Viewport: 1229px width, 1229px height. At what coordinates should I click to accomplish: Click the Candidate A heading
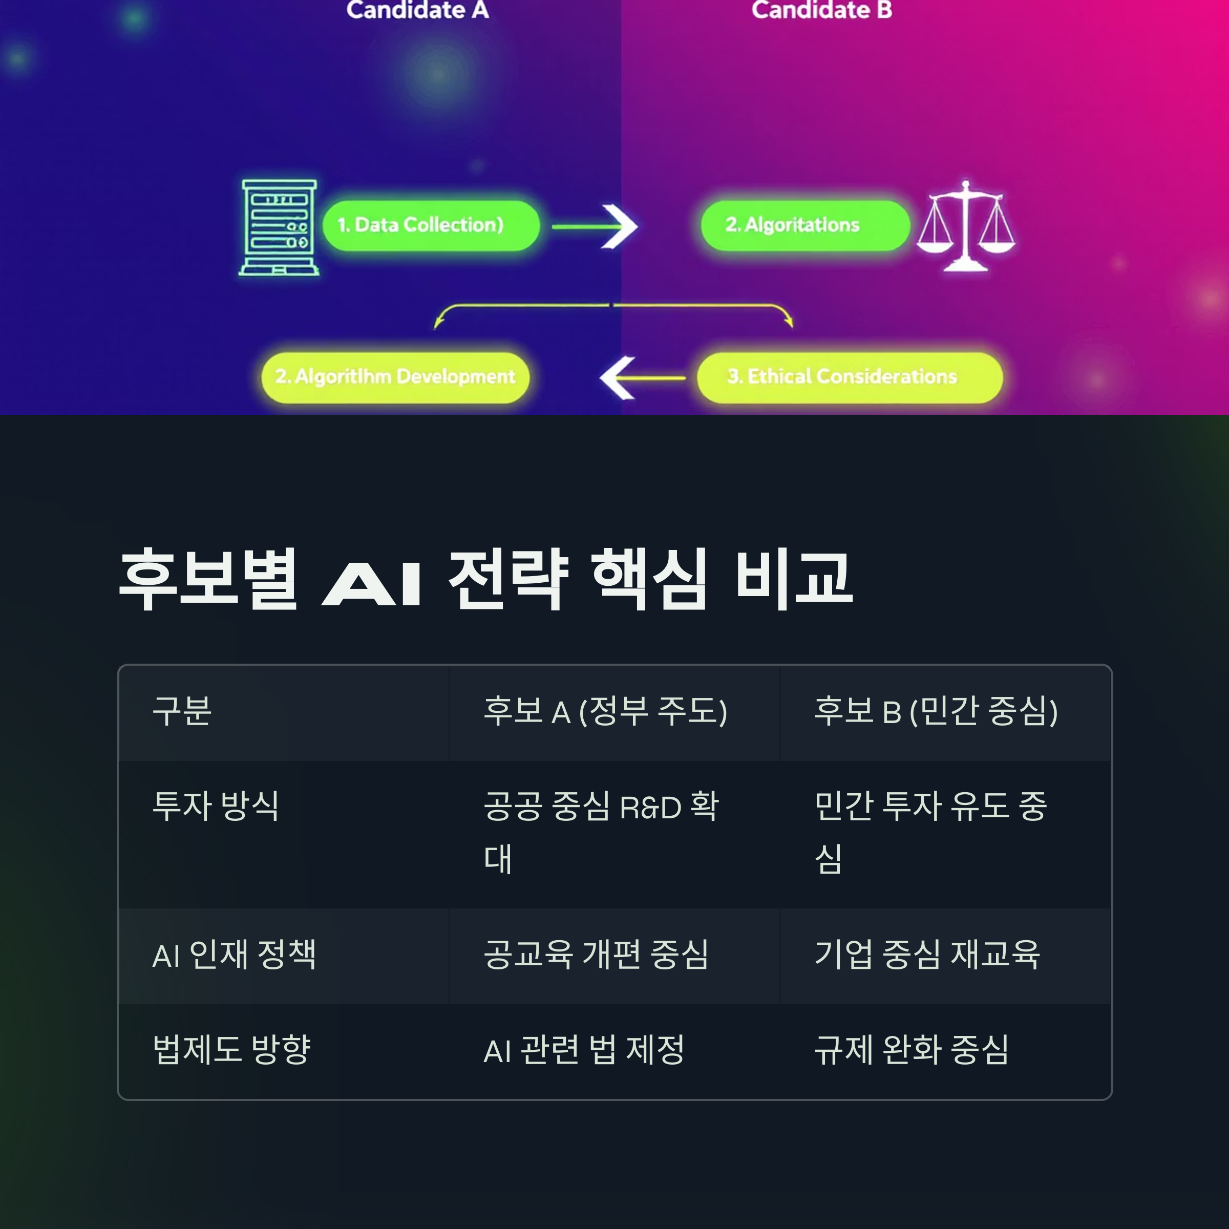click(417, 10)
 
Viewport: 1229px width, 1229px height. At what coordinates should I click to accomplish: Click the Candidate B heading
click(821, 10)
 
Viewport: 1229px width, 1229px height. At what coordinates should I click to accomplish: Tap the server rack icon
click(279, 228)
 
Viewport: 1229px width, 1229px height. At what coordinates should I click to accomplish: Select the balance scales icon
click(966, 226)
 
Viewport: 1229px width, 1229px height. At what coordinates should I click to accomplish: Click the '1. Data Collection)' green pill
click(430, 225)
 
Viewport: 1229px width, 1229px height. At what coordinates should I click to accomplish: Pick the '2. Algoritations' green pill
click(804, 225)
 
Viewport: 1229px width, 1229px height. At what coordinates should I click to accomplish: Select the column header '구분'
click(182, 711)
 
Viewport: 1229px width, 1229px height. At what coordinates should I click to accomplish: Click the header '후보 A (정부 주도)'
click(605, 711)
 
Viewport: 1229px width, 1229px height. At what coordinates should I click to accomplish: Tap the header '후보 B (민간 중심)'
click(936, 711)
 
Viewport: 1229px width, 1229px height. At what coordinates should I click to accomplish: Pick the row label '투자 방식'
click(216, 806)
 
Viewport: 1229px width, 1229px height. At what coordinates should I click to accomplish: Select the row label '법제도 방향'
click(231, 1050)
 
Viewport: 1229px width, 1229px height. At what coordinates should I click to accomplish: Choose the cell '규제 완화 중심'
click(912, 1050)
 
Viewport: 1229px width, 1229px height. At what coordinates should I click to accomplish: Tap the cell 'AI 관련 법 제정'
click(584, 1050)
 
